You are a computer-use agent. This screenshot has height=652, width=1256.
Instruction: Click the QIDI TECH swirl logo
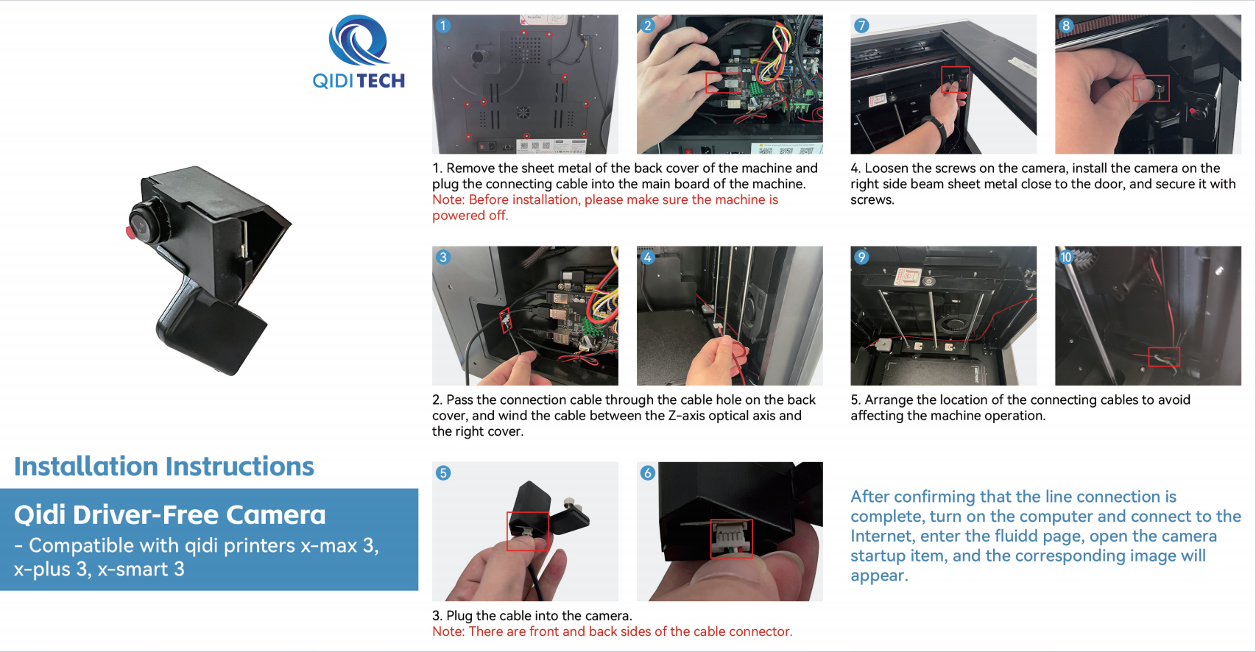[x=359, y=40]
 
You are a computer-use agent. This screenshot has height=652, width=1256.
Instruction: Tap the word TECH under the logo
[x=381, y=81]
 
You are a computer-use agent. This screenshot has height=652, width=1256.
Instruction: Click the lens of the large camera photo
[x=144, y=222]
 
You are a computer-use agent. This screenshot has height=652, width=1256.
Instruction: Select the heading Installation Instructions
[x=163, y=467]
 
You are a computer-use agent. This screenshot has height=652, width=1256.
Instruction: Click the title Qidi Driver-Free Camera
[x=170, y=514]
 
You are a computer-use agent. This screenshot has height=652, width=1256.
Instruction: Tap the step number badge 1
[x=443, y=26]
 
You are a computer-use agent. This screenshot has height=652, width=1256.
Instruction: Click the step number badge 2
[x=648, y=26]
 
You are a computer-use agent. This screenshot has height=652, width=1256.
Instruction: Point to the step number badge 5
[x=443, y=473]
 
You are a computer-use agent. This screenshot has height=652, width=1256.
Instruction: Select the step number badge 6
[x=648, y=473]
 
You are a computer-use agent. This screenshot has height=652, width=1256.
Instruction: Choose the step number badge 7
[x=861, y=26]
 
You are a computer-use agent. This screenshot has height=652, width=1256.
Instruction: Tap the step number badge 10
[x=1066, y=258]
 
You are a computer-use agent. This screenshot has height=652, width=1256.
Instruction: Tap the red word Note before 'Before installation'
[x=448, y=199]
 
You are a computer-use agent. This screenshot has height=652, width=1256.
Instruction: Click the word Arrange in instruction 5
[x=889, y=400]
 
